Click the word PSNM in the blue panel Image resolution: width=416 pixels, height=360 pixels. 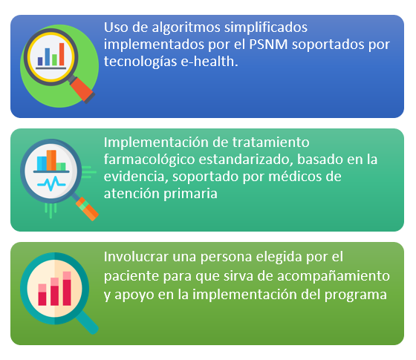pyautogui.click(x=268, y=45)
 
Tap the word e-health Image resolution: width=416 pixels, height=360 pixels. pyautogui.click(x=209, y=61)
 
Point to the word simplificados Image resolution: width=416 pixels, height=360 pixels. pyautogui.click(x=266, y=28)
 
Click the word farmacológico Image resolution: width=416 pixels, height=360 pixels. pyautogui.click(x=149, y=160)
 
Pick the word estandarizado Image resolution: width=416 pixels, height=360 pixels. pyautogui.click(x=246, y=160)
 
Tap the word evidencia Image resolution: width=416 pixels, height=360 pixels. pyautogui.click(x=136, y=177)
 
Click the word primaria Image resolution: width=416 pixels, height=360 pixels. pyautogui.click(x=190, y=194)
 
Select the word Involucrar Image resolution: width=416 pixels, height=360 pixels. pyautogui.click(x=136, y=257)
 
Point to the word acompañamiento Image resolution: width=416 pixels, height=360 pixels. pyautogui.click(x=334, y=276)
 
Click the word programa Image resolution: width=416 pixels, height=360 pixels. pyautogui.click(x=356, y=295)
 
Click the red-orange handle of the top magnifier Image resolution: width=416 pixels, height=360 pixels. pyautogui.click(x=82, y=90)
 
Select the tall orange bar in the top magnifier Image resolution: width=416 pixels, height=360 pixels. pyautogui.click(x=62, y=54)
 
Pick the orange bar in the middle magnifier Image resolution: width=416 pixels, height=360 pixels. pyautogui.click(x=51, y=160)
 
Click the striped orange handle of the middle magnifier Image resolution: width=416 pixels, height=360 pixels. pyautogui.click(x=87, y=209)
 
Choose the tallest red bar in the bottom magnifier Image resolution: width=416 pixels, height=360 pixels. pyautogui.click(x=67, y=289)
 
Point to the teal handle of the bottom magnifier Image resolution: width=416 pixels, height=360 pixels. pyautogui.click(x=87, y=322)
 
